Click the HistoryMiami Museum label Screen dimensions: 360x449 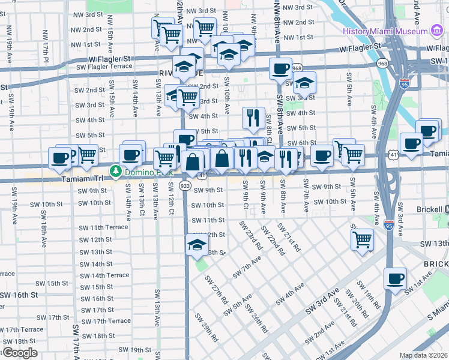point(385,31)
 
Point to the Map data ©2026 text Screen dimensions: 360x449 point(424,355)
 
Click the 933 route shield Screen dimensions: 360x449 point(186,187)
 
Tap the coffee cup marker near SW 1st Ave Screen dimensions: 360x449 point(396,278)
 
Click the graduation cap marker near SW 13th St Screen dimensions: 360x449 point(196,245)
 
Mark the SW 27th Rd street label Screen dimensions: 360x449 point(216,290)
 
